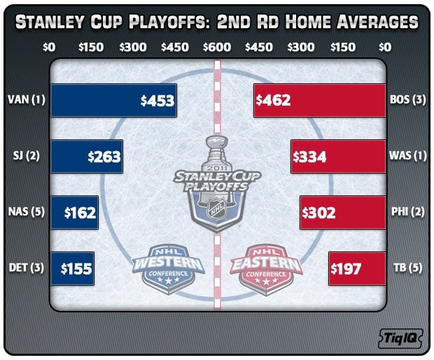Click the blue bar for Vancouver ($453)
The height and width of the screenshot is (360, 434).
(114, 101)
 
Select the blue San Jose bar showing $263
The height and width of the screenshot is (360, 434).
(87, 157)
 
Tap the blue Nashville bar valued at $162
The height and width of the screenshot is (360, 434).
(75, 213)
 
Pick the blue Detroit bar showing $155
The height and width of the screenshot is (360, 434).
(73, 269)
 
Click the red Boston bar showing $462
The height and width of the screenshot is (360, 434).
(320, 101)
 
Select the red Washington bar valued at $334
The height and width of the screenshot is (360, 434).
(338, 157)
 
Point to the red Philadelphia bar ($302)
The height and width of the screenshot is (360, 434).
(343, 213)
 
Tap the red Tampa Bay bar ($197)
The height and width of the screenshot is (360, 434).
(357, 269)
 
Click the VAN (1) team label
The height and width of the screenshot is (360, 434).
(27, 99)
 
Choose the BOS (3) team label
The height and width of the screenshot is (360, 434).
(407, 99)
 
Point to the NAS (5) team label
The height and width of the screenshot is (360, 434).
(27, 212)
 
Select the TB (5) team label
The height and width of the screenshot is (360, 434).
(407, 268)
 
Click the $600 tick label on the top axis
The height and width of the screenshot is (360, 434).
(217, 48)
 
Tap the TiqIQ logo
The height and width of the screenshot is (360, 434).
(400, 338)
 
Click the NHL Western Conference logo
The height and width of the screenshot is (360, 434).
(168, 269)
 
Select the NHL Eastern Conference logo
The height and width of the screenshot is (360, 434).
(266, 269)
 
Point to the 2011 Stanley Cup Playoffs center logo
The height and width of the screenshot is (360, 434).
(217, 184)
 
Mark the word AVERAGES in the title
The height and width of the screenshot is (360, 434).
(377, 22)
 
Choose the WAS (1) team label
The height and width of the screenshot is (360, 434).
(407, 156)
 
